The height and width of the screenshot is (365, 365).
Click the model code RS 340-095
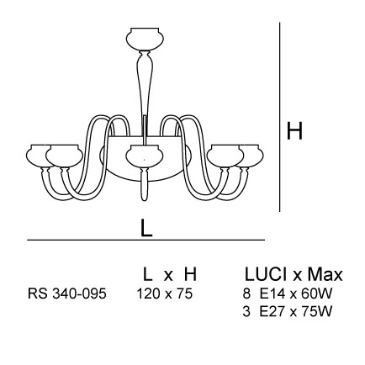(67, 294)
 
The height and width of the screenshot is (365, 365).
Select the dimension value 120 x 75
(165, 294)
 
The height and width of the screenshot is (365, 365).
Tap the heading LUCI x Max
(294, 274)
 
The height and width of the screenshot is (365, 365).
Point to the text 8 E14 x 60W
(288, 294)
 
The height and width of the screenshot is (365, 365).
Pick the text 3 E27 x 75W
(288, 311)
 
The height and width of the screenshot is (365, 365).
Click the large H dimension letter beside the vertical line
(294, 131)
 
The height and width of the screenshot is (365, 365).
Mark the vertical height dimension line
(280, 117)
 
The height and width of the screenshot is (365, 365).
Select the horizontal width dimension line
(145, 240)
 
